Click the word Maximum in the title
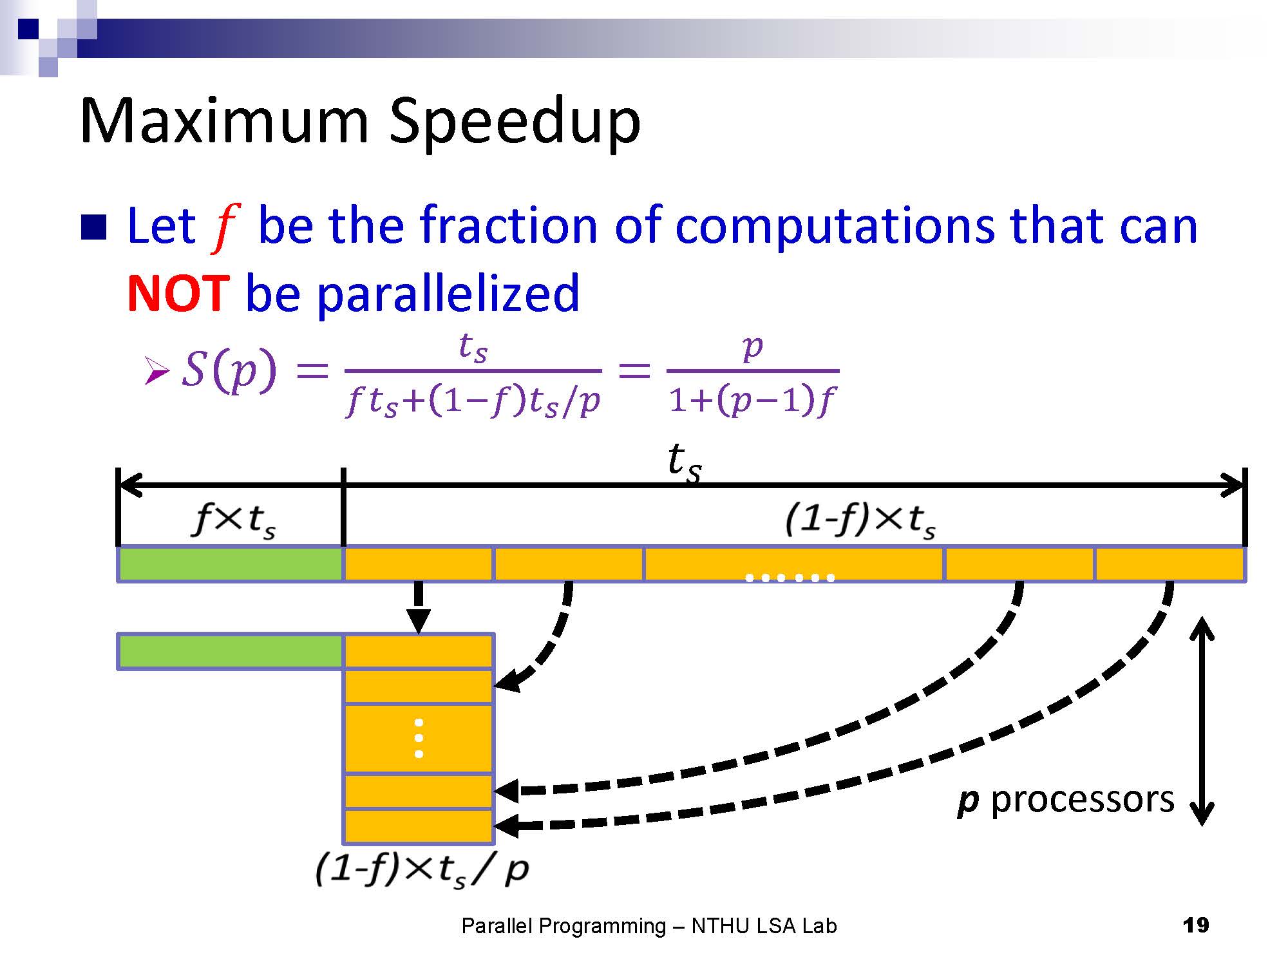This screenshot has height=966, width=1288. click(224, 120)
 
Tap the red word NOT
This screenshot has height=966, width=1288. click(178, 293)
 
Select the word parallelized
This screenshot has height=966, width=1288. click(448, 294)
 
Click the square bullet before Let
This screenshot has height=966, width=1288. click(94, 227)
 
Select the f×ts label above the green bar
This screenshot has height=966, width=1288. click(234, 520)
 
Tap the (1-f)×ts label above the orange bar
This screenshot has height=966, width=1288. click(860, 520)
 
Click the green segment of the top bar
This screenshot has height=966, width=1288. click(231, 564)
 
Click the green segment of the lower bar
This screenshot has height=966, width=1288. click(231, 652)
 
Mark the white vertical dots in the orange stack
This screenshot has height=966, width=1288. click(419, 738)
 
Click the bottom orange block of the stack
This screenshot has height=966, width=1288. click(419, 826)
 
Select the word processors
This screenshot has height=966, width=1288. click(1083, 800)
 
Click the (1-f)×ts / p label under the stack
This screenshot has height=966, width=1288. click(422, 870)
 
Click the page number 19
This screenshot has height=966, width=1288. click(1196, 925)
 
